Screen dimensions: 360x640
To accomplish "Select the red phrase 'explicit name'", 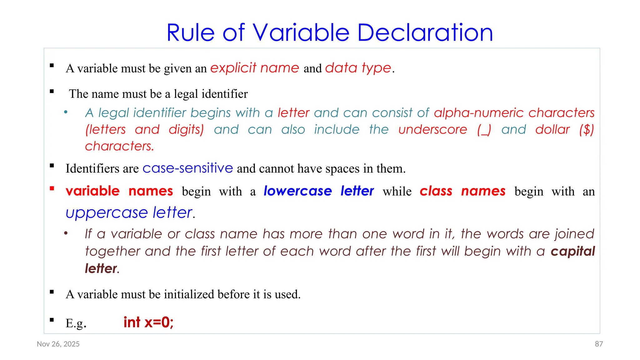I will (x=255, y=68).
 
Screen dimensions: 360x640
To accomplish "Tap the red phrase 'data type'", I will (x=358, y=68).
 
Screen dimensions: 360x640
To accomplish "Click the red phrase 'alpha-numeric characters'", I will (x=514, y=113).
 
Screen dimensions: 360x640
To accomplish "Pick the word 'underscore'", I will (x=433, y=129).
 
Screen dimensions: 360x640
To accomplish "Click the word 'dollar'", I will (x=552, y=129).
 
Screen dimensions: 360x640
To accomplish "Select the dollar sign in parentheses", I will (x=587, y=130).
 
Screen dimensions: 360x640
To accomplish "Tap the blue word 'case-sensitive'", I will (x=188, y=168).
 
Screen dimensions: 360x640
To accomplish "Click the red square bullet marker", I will (x=52, y=188).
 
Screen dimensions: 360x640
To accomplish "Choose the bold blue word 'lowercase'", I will (x=297, y=191).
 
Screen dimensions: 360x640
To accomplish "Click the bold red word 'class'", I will (x=436, y=191).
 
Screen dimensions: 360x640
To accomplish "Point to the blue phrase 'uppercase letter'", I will (x=129, y=213).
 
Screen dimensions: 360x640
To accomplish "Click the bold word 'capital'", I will (x=573, y=251).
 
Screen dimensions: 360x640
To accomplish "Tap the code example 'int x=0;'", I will (x=148, y=322).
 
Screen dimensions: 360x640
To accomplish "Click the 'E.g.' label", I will (x=76, y=323).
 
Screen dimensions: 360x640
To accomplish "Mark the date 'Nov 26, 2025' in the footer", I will (x=58, y=344).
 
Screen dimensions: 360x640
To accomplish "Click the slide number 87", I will (x=599, y=344).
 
